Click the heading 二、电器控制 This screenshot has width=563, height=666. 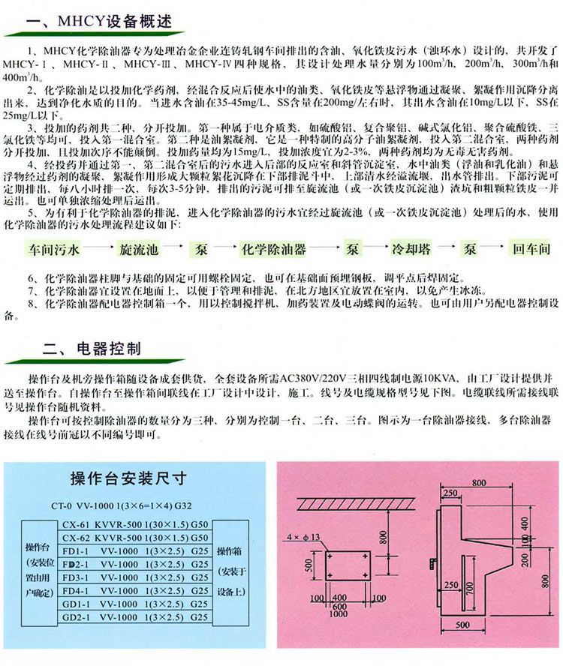tap(93, 348)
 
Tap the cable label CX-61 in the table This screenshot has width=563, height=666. tap(76, 526)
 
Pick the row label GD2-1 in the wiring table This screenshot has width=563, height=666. tap(77, 616)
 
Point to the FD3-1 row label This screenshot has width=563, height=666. tap(77, 577)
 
